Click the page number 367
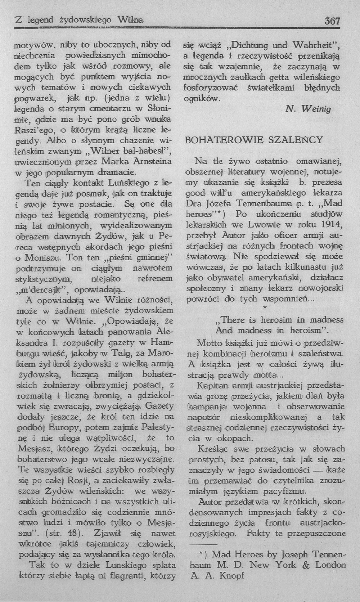pyautogui.click(x=332, y=21)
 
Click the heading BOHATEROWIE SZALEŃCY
pyautogui.click(x=254, y=140)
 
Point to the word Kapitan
pyautogui.click(x=213, y=386)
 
